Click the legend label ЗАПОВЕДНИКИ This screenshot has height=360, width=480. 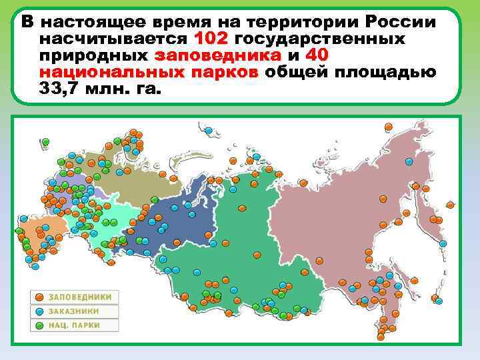(x=79, y=297)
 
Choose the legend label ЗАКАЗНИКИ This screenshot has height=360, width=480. (x=73, y=311)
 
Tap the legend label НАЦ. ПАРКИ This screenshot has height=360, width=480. (x=73, y=325)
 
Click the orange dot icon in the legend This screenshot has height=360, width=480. (x=40, y=297)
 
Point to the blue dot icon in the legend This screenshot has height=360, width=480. (x=40, y=311)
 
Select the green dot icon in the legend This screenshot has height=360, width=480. (x=40, y=325)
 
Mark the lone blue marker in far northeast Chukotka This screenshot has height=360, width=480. (x=409, y=161)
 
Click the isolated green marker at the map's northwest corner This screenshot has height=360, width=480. (x=45, y=141)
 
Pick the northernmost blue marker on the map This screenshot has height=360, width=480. (x=209, y=131)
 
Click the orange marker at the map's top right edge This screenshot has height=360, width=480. (x=389, y=126)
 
